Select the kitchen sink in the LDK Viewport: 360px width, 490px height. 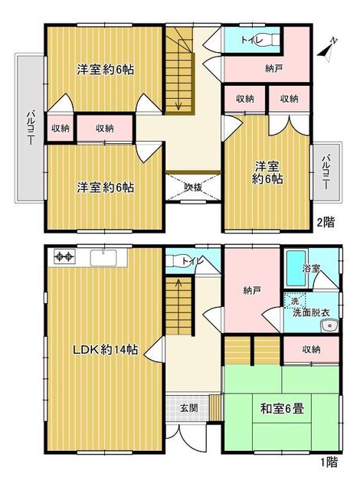(103, 257)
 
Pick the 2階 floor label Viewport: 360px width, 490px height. (326, 224)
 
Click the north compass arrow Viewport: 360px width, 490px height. (327, 48)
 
